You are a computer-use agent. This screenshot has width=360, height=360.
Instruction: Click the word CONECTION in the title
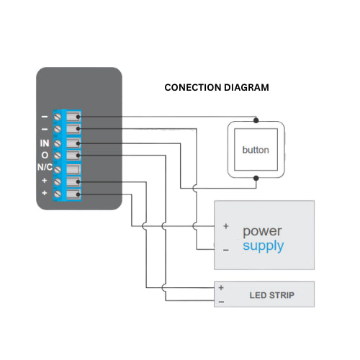click(191, 88)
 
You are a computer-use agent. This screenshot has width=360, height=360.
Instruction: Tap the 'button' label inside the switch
click(256, 150)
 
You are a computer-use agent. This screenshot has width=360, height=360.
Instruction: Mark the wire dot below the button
click(256, 178)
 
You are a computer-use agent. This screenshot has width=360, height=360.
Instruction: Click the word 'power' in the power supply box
click(262, 232)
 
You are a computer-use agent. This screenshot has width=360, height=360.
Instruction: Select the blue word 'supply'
click(263, 246)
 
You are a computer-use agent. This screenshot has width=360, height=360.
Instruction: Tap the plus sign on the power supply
click(225, 226)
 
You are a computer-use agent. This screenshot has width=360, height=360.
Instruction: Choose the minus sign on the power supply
click(225, 250)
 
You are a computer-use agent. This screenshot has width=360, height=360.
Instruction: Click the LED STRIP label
click(271, 295)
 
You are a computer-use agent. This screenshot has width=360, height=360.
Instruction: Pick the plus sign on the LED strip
click(221, 288)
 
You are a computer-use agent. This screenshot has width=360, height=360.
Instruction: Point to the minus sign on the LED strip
click(221, 301)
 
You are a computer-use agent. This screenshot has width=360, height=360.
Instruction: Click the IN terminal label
click(45, 143)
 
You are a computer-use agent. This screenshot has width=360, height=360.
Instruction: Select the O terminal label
click(45, 156)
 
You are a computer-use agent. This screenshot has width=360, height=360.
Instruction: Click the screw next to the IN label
click(58, 143)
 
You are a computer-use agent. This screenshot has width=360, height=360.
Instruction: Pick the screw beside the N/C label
click(58, 168)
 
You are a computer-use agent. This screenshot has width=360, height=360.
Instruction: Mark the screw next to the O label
click(58, 156)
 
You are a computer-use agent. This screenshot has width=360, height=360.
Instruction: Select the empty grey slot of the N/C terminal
click(72, 168)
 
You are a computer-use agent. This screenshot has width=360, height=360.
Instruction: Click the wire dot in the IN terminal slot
click(77, 143)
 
